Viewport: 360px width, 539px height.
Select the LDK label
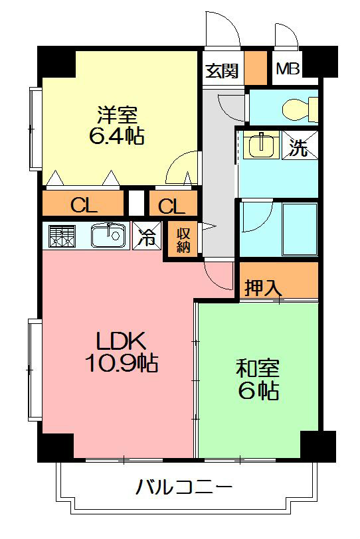(121, 341)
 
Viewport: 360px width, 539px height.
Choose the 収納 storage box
(184, 239)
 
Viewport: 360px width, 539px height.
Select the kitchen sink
(106, 236)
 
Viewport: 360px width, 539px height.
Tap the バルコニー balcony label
(184, 489)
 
